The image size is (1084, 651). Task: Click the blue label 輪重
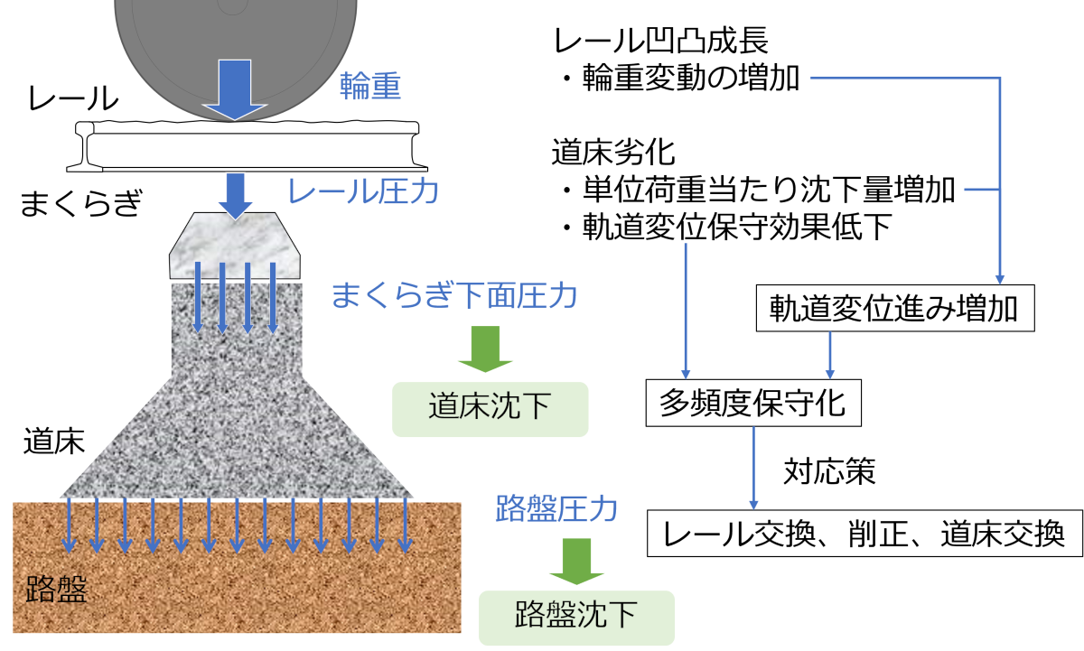(370, 86)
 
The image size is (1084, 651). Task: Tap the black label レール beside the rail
(73, 98)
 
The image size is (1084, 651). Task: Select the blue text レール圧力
(363, 191)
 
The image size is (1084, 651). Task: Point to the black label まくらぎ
(81, 203)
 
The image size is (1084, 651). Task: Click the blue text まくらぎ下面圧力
(454, 295)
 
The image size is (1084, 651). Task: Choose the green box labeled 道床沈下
(490, 409)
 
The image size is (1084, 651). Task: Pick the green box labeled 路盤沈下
(576, 618)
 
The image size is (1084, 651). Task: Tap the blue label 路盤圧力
(556, 509)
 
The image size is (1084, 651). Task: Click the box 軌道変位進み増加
(895, 308)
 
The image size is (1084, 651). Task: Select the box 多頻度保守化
(753, 403)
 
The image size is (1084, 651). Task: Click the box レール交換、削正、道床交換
(864, 533)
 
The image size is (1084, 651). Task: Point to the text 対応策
(829, 471)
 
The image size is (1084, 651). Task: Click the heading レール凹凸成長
(661, 40)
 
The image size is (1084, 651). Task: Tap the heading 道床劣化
(613, 153)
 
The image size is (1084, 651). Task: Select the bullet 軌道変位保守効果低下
(727, 227)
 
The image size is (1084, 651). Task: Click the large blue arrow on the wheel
(235, 89)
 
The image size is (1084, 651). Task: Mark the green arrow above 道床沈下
(485, 349)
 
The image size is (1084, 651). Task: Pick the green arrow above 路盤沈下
(576, 561)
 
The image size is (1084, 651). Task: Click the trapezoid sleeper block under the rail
(235, 246)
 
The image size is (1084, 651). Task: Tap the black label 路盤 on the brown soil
(56, 589)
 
